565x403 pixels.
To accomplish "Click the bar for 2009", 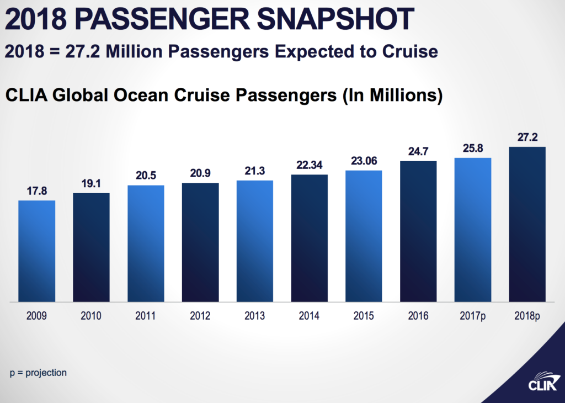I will (x=36, y=251).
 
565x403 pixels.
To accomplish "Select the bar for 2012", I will (x=200, y=242).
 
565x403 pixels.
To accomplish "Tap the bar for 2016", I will (x=418, y=231).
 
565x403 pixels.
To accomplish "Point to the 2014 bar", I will (x=309, y=238).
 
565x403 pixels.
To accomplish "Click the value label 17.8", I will (x=36, y=192).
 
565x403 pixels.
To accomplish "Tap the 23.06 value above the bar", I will (x=364, y=161).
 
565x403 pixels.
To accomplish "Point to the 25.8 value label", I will (x=473, y=149).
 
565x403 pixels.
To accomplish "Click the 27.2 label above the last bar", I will (x=527, y=137).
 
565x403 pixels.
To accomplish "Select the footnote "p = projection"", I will (x=38, y=373).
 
